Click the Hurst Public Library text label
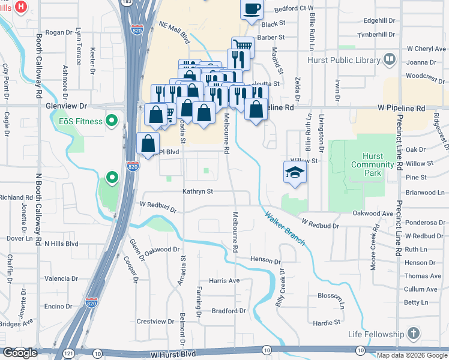tap(343, 60)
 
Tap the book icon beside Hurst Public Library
tap(390, 59)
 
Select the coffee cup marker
tap(253, 8)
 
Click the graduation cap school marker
tap(295, 172)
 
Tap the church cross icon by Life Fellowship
tap(413, 333)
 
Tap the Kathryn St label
tap(198, 191)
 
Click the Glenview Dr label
tap(66, 106)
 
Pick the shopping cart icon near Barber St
tap(243, 46)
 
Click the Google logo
tap(20, 353)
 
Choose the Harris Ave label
tap(224, 280)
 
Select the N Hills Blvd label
tap(61, 244)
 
